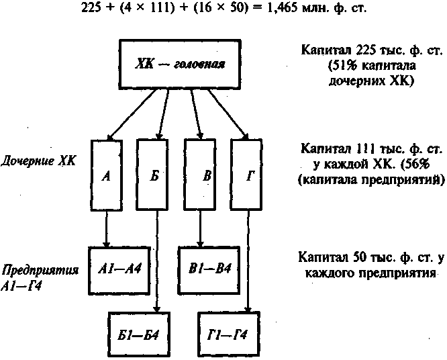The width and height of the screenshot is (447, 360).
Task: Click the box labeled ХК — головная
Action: tap(180, 64)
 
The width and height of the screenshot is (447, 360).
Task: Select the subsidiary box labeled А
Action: tap(107, 175)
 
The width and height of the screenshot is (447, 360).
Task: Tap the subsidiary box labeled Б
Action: tap(152, 175)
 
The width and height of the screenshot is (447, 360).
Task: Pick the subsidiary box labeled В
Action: tap(200, 175)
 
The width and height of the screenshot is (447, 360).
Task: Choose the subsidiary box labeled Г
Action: tap(246, 175)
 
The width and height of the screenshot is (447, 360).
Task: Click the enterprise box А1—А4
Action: tap(119, 271)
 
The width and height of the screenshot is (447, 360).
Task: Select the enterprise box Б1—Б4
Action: tap(139, 334)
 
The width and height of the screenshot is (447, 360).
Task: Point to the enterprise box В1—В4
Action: tap(209, 270)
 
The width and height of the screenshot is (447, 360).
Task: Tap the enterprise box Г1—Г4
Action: tap(229, 334)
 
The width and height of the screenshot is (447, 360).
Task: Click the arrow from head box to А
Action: tap(131, 114)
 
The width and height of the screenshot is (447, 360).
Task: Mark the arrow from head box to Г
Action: tap(228, 114)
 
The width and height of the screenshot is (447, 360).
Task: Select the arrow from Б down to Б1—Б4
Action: tap(157, 261)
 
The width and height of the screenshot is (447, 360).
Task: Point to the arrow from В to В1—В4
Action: tap(200, 228)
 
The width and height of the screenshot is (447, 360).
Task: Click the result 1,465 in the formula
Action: tap(281, 7)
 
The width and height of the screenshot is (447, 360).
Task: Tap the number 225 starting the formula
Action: tap(91, 7)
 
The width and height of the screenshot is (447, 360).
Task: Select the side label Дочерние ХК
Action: tap(38, 161)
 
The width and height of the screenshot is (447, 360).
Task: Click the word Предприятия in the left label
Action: tap(40, 270)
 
